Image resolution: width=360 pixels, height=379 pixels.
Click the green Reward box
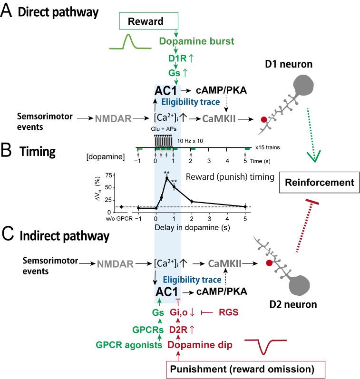click(x=147, y=22)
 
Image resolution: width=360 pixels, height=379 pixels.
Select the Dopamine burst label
click(x=197, y=41)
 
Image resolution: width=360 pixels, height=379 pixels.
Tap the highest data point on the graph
click(x=167, y=178)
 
